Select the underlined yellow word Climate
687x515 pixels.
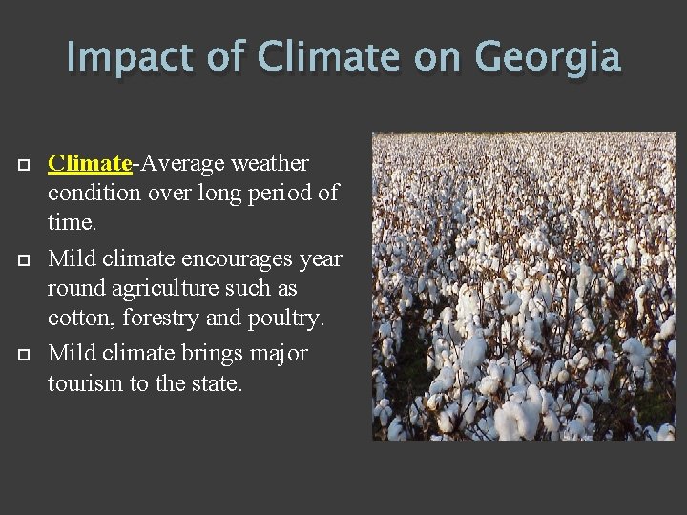coord(90,163)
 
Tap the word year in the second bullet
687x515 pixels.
coord(319,258)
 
